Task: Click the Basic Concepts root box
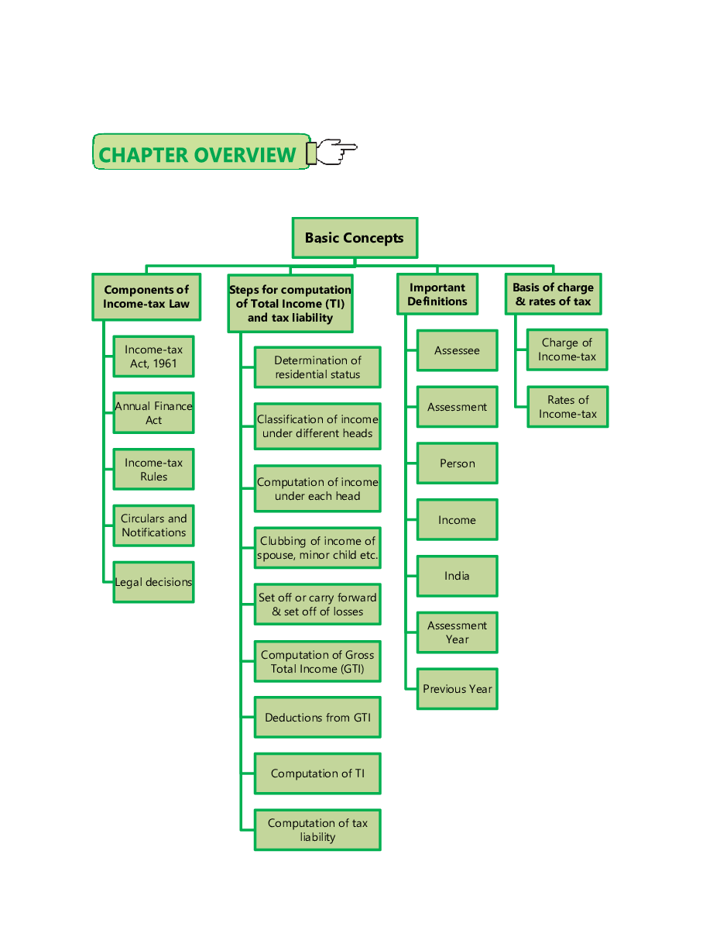coord(355,238)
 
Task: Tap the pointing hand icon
coord(333,152)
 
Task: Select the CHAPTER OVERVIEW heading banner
coord(201,153)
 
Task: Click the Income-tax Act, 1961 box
coord(153,356)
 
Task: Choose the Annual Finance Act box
coord(153,413)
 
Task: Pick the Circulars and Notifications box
coord(153,525)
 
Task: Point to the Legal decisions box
coord(153,582)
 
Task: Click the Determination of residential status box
coord(317,367)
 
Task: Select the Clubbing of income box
coord(317,548)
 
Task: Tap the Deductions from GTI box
coord(317,718)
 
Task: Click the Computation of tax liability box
coord(317,830)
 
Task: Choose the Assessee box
coord(457,350)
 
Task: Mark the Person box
coord(457,463)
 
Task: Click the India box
coord(457,576)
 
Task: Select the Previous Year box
coord(457,689)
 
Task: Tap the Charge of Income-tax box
coord(567,350)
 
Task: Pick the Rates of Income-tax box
coord(567,407)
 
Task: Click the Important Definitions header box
coord(437,294)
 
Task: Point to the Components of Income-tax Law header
coord(146,297)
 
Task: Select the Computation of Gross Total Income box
coord(317,662)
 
